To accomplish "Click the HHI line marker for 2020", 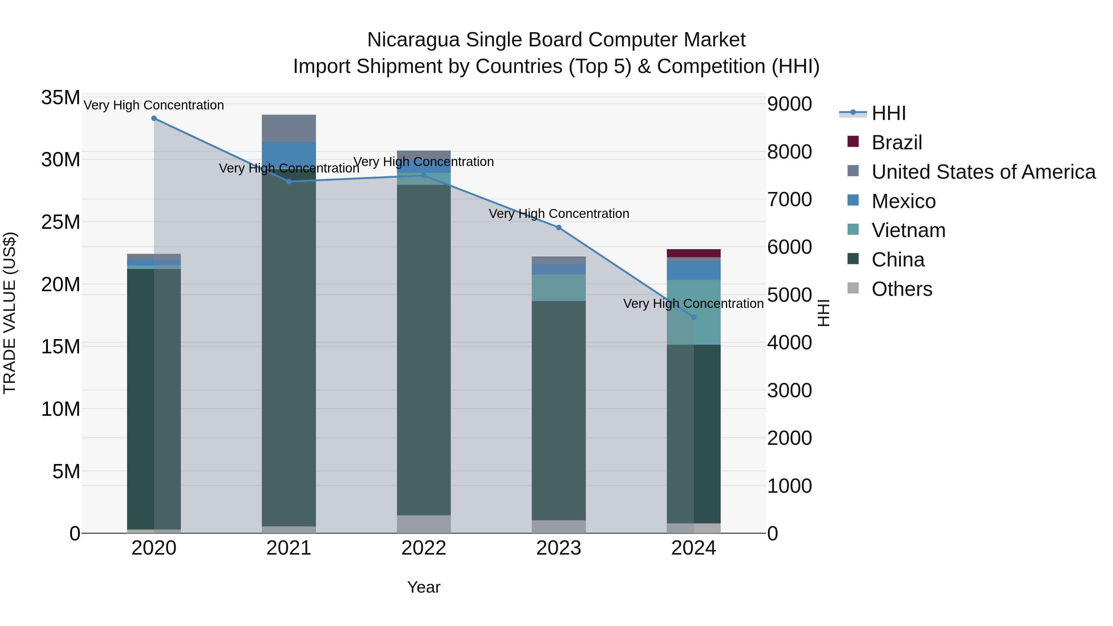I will tap(154, 118).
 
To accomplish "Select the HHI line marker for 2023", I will tap(559, 228).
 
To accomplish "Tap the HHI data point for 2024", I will tap(693, 317).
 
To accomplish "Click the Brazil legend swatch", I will tap(853, 142).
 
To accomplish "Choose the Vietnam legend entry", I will tap(908, 230).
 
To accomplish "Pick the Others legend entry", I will tap(902, 289).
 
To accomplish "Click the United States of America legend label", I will tap(983, 172).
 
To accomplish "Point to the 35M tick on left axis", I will tap(61, 98).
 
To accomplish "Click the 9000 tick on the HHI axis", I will tap(789, 104).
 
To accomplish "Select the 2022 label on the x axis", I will tap(424, 548).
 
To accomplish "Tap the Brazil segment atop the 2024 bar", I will tap(693, 253).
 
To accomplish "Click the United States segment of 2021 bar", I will tap(289, 128).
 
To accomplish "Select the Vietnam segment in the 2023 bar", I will tap(559, 288).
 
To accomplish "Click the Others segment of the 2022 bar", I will tap(424, 524).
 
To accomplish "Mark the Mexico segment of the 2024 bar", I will tap(693, 270).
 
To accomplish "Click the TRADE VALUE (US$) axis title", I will tap(10, 313).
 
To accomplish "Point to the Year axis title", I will tap(424, 587).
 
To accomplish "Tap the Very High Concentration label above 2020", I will tap(154, 105).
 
